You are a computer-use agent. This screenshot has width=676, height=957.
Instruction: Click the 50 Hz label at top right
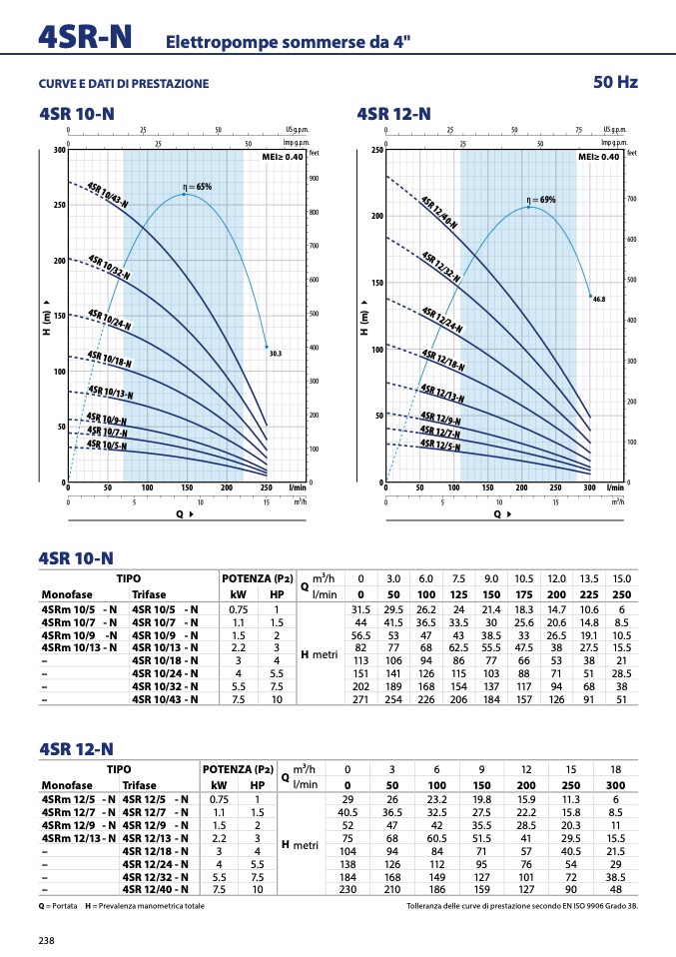pos(614,82)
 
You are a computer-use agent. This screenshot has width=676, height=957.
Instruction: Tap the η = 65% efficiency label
pos(197,187)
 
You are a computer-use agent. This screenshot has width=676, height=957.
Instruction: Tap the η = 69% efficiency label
pos(540,200)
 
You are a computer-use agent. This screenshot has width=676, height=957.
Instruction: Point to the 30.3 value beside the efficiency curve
pos(277,354)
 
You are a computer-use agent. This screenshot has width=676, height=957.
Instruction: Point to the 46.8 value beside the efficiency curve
pos(599,299)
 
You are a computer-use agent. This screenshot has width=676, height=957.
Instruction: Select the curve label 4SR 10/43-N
pos(108,196)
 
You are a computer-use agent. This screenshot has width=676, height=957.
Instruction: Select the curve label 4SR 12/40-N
pos(440,218)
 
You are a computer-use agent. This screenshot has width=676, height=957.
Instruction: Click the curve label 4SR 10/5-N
pos(107,445)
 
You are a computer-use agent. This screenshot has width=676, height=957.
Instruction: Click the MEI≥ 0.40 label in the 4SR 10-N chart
pos(280,157)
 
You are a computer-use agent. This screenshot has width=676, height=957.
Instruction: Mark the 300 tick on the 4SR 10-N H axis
pos(59,151)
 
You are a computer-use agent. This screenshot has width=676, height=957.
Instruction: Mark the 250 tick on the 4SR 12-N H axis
pos(376,151)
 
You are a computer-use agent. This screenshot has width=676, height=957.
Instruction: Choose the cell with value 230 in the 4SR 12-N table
pos(347,888)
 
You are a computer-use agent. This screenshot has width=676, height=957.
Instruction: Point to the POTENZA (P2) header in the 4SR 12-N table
pos(238,769)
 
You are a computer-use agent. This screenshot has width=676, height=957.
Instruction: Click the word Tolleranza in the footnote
pos(429,907)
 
